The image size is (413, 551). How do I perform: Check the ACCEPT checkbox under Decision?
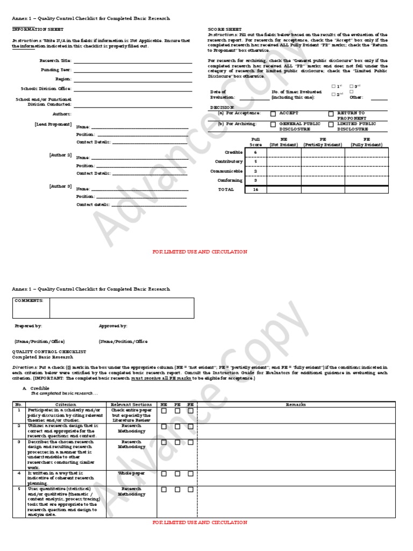pyautogui.click(x=273, y=114)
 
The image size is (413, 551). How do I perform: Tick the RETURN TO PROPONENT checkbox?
pyautogui.click(x=331, y=114)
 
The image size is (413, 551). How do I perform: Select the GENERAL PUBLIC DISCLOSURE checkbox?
pyautogui.click(x=273, y=124)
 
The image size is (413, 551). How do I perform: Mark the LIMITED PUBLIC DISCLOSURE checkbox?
pyautogui.click(x=331, y=124)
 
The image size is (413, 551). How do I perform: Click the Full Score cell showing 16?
pyautogui.click(x=255, y=189)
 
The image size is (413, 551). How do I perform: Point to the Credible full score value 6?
pyautogui.click(x=255, y=152)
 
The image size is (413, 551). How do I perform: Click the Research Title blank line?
pyautogui.click(x=133, y=61)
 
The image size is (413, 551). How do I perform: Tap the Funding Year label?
pyautogui.click(x=55, y=70)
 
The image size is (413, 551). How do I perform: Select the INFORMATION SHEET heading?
pyautogui.click(x=38, y=29)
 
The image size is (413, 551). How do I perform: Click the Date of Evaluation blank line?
pyautogui.click(x=254, y=98)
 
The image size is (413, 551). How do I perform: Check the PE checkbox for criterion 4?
pyautogui.click(x=177, y=474)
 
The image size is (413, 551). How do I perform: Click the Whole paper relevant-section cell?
pyautogui.click(x=131, y=474)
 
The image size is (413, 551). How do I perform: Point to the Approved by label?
pyautogui.click(x=113, y=326)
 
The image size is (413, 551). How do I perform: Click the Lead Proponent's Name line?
pyautogui.click(x=140, y=127)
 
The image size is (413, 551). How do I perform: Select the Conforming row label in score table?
pyautogui.click(x=230, y=180)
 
